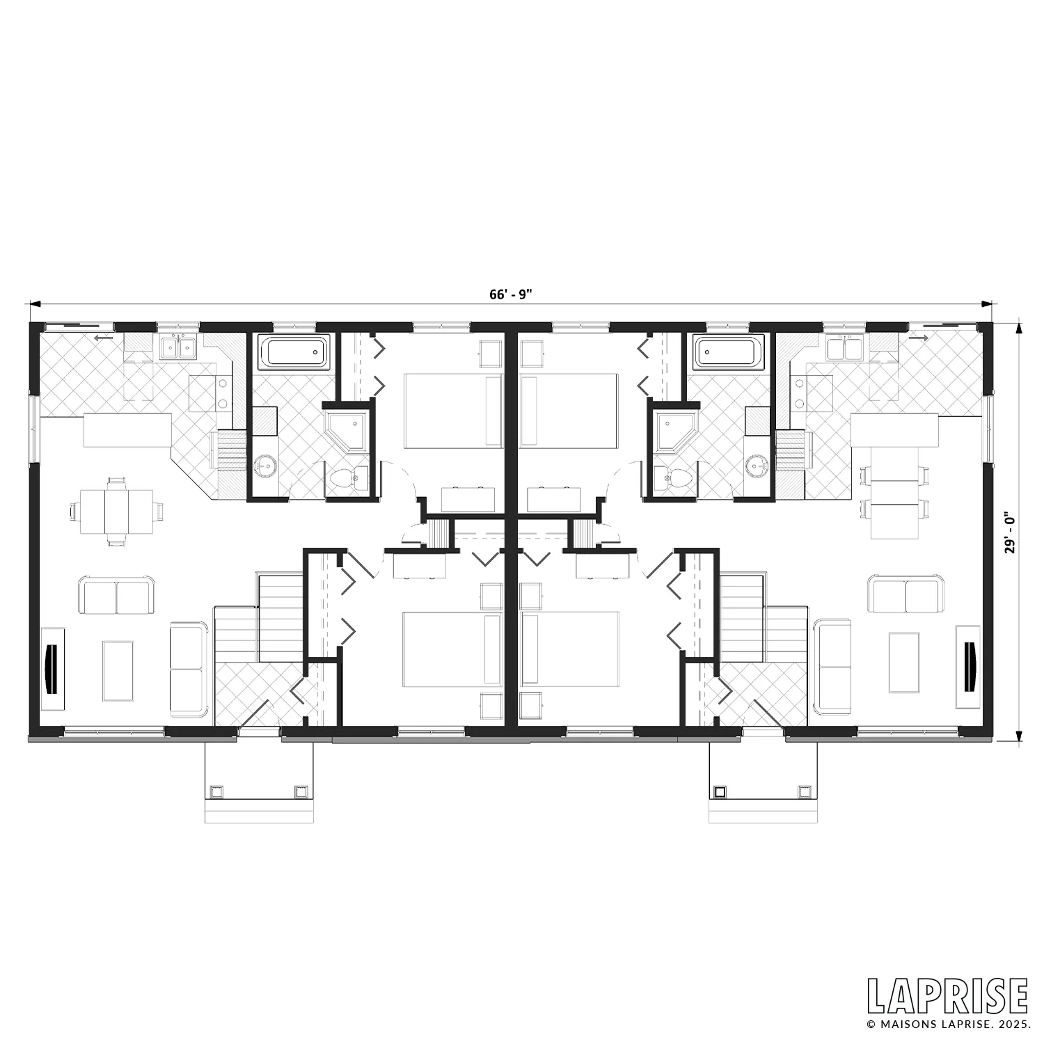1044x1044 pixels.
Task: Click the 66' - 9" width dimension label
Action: click(510, 294)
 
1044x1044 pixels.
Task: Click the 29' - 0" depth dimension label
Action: click(1011, 533)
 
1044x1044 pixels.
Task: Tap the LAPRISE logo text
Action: click(947, 997)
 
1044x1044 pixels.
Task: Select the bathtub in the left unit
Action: click(293, 352)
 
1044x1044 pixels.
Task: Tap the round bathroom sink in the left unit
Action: click(264, 465)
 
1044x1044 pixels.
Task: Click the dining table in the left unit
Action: click(116, 512)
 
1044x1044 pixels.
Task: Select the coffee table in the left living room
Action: click(118, 671)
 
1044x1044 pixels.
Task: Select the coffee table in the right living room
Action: click(904, 663)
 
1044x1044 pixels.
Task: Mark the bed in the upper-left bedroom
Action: click(453, 411)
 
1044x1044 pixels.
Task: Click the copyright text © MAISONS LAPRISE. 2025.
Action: click(947, 1024)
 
